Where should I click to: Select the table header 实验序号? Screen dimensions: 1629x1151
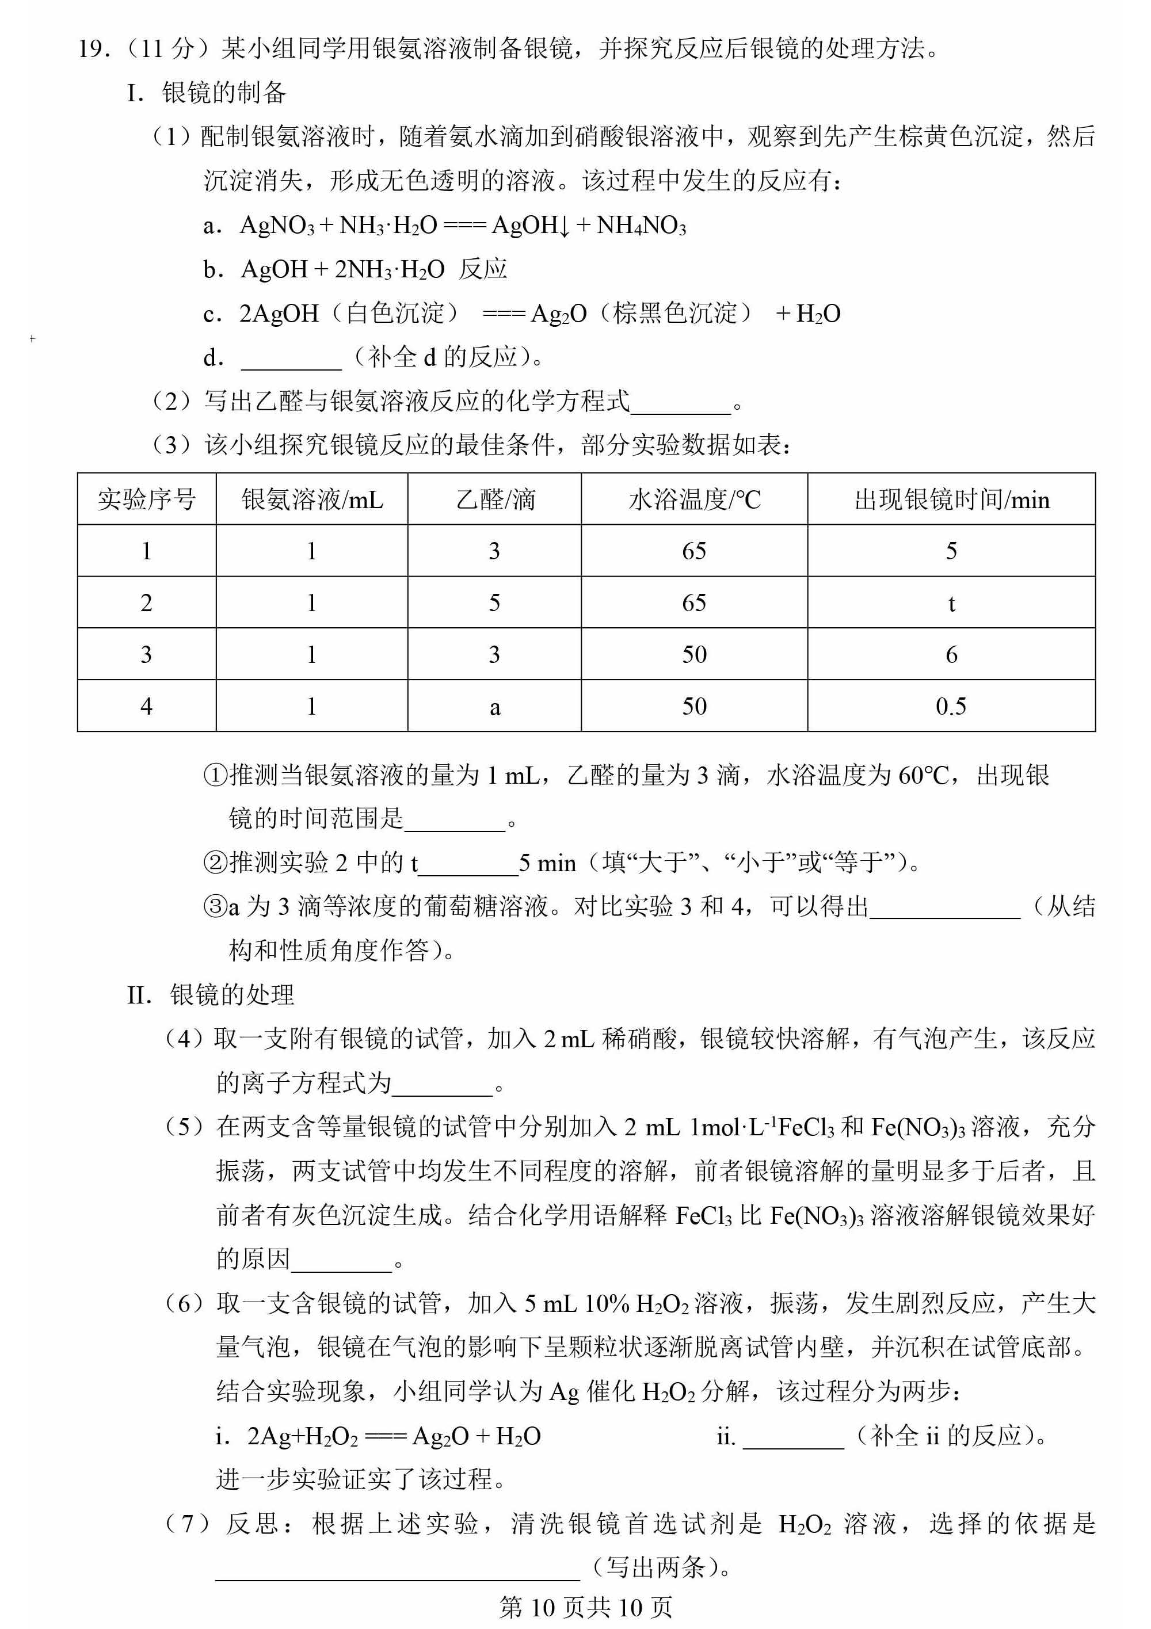click(146, 499)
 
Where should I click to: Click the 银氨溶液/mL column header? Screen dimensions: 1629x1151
click(311, 499)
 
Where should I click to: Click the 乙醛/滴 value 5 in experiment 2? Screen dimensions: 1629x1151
click(494, 603)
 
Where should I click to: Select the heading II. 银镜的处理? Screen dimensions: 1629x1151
click(210, 995)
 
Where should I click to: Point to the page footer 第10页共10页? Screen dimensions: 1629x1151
click(585, 1607)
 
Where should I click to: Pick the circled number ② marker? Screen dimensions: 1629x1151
click(214, 863)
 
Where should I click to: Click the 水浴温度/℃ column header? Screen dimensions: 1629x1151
click(694, 499)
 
